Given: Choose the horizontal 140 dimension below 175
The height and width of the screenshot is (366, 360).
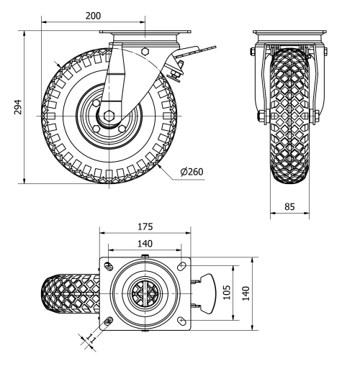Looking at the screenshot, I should coord(145,244).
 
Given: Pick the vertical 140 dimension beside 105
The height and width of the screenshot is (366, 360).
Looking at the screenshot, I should coord(246,294).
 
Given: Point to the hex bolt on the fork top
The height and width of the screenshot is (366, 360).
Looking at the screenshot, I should coord(146,52).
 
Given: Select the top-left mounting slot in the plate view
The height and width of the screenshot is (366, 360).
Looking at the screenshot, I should coord(109,267).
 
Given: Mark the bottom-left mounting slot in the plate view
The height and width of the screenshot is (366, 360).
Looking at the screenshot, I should coord(109,321).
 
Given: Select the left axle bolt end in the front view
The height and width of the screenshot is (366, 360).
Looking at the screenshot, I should coord(258,116).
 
